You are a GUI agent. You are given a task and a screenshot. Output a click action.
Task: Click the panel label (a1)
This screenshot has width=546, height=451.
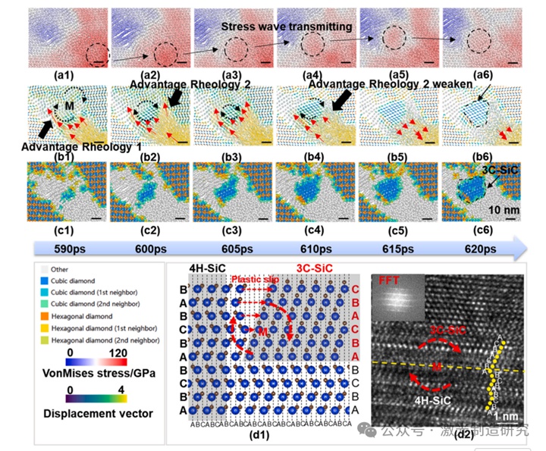point(64,75)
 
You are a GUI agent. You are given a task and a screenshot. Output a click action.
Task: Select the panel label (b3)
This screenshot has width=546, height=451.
point(231,149)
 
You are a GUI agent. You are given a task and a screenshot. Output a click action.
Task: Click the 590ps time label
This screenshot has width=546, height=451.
point(64,249)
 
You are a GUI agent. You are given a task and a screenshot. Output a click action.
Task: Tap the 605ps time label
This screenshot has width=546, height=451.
point(231,249)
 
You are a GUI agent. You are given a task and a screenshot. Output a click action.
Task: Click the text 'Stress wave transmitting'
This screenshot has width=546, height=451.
point(287,27)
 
